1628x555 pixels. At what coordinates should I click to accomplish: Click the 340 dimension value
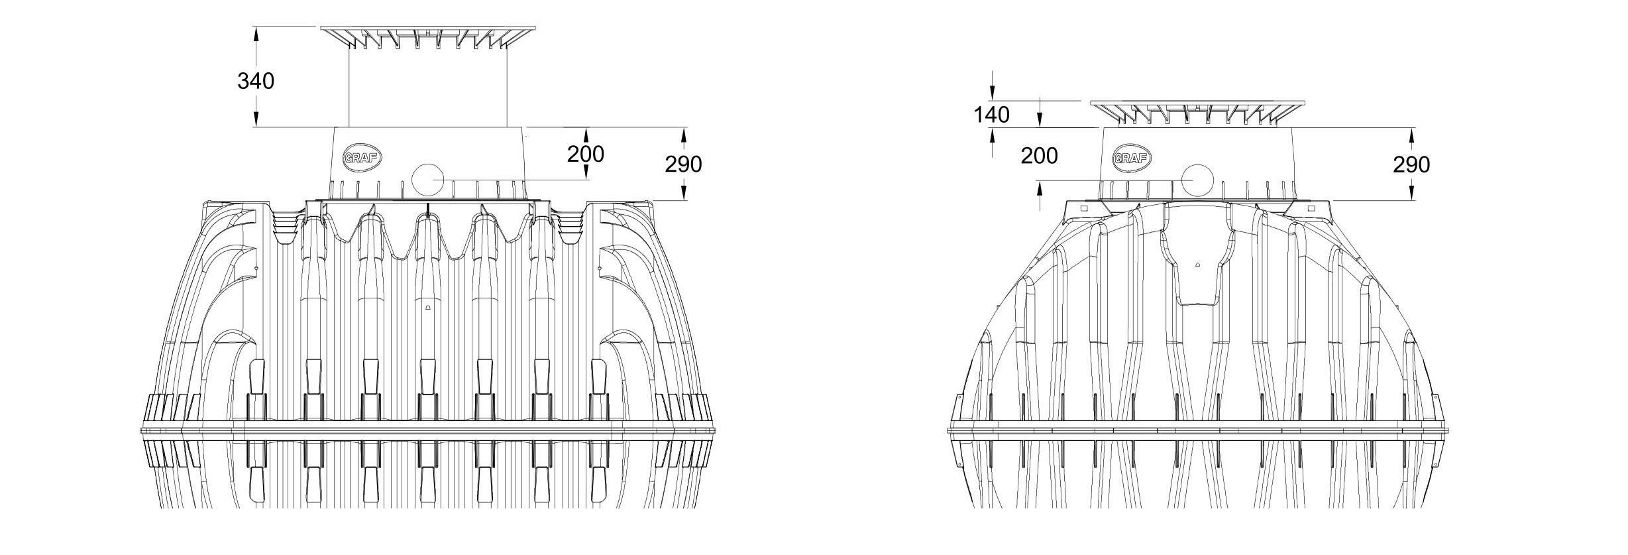(256, 81)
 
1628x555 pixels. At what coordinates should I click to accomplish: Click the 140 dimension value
(992, 115)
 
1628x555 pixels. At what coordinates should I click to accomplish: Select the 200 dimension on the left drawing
(586, 154)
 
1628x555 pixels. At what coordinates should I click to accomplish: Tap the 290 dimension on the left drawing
(683, 164)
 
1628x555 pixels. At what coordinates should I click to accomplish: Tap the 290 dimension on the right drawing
(1411, 164)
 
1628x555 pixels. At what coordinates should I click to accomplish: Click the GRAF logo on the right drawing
(1132, 158)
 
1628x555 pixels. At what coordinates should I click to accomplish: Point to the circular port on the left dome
(427, 179)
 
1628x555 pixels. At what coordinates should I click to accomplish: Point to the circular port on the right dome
(1196, 180)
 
